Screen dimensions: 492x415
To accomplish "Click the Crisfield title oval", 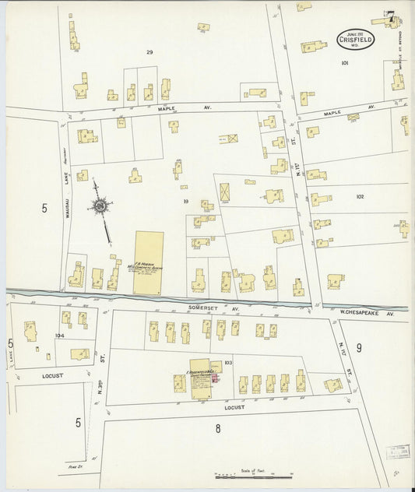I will (x=356, y=38).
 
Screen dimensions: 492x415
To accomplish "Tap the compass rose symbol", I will (x=101, y=206).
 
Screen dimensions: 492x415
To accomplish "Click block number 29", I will (x=149, y=52).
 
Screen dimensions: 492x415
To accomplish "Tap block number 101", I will (x=344, y=63).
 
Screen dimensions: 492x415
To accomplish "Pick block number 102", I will (x=359, y=197).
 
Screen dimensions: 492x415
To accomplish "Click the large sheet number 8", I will (x=218, y=427).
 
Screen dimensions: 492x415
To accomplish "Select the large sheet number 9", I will (x=359, y=347).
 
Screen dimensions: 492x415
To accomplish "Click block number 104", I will (x=60, y=335).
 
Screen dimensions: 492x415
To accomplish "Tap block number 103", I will (x=228, y=363).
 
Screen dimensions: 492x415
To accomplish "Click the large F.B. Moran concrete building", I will (x=148, y=262).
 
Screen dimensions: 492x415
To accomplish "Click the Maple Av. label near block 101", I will (x=332, y=113).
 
